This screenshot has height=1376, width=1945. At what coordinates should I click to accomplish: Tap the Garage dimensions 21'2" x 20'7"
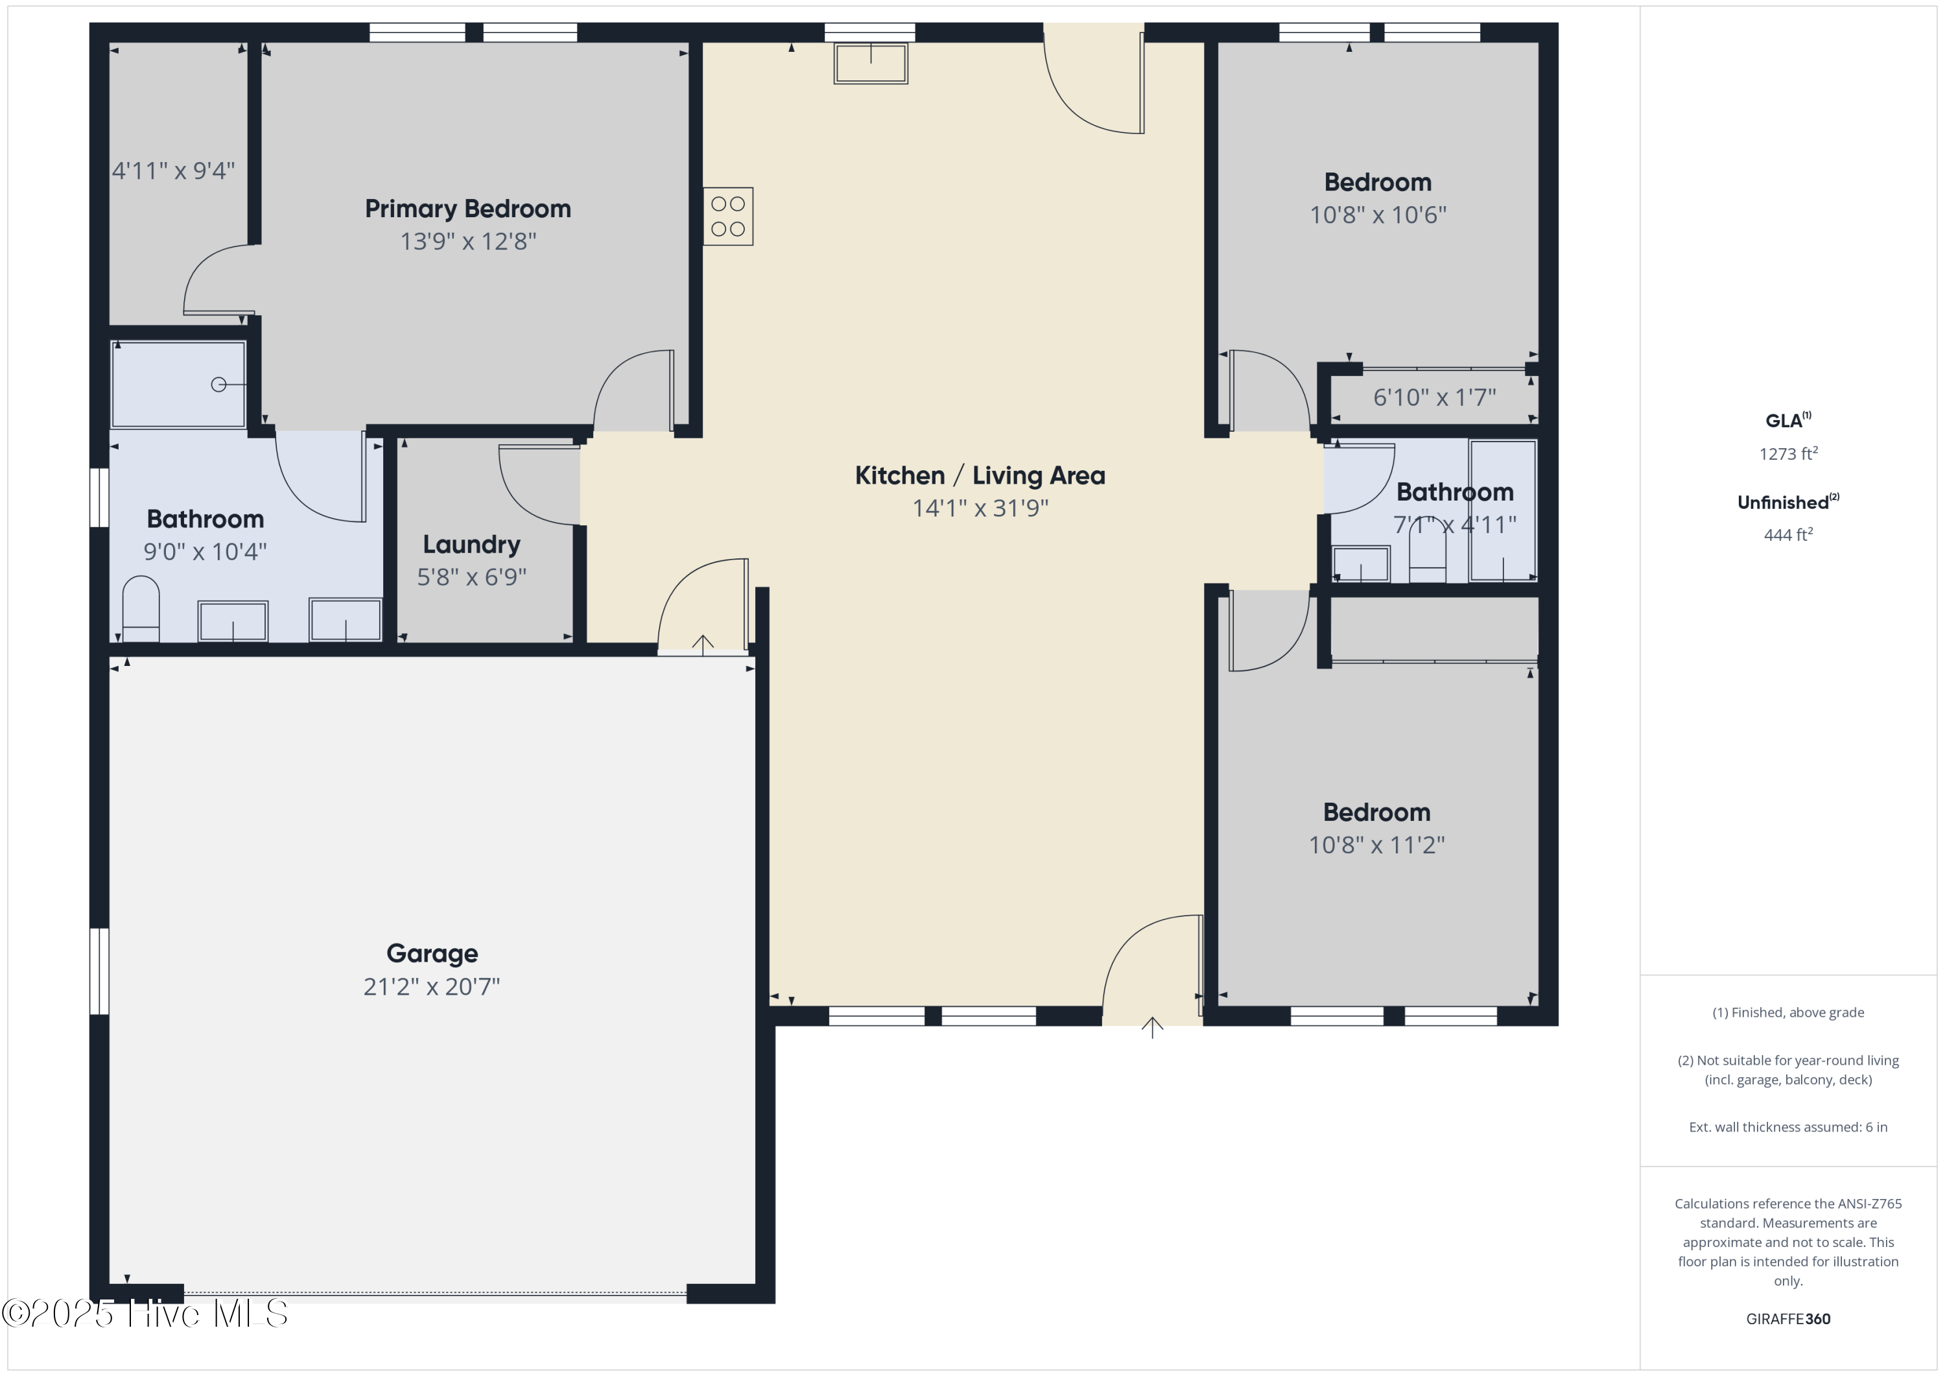coord(432,986)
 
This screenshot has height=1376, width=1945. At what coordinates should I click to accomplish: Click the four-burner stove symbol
coord(727,216)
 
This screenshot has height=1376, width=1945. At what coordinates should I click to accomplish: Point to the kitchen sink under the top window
coord(871,64)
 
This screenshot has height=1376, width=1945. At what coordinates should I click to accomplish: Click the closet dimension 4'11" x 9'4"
coord(174,171)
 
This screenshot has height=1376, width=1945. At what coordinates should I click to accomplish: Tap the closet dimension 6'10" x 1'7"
coord(1434,397)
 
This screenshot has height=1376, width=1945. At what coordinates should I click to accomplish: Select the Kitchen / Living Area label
coord(980,475)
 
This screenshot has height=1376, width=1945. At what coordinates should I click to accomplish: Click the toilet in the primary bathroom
coord(141,608)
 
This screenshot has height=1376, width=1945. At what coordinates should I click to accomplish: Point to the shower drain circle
coord(218,385)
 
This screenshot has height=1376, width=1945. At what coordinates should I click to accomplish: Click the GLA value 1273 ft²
coord(1788,453)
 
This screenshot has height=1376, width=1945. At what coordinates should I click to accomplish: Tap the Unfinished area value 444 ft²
coord(1788,534)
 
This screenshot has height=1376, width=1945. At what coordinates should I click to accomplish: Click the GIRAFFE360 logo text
coord(1788,1318)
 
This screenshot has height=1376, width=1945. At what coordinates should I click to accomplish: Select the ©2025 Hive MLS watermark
coord(145,1313)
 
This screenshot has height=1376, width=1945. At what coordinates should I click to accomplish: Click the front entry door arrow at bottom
coord(1152,1028)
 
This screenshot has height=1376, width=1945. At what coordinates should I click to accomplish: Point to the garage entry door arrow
coord(702,645)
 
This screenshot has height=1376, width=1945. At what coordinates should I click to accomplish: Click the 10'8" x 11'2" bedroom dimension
coord(1376,845)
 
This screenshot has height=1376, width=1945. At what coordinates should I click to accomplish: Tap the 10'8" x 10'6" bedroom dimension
coord(1378,215)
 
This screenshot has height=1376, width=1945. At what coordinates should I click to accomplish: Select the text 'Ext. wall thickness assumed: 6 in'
coord(1788,1127)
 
